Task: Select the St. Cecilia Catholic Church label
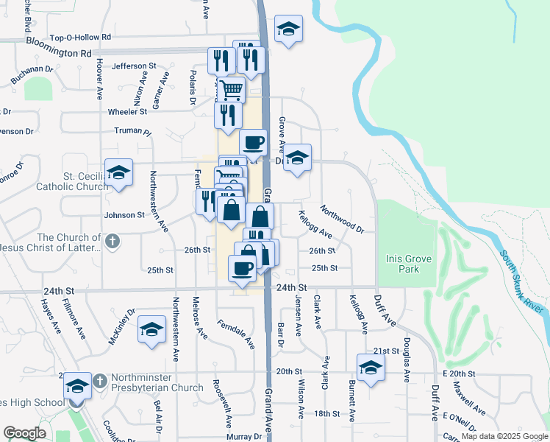pyautogui.click(x=75, y=181)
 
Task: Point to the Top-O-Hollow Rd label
pyautogui.click(x=80, y=37)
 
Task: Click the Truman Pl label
pyautogui.click(x=132, y=133)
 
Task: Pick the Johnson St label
pyautogui.click(x=124, y=215)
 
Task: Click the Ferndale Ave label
pyautogui.click(x=236, y=334)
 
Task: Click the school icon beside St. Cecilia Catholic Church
pyautogui.click(x=118, y=173)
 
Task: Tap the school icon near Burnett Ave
pyautogui.click(x=371, y=368)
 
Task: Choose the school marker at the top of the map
pyautogui.click(x=288, y=29)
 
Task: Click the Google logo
pyautogui.click(x=24, y=433)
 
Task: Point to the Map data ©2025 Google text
pyautogui.click(x=504, y=436)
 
